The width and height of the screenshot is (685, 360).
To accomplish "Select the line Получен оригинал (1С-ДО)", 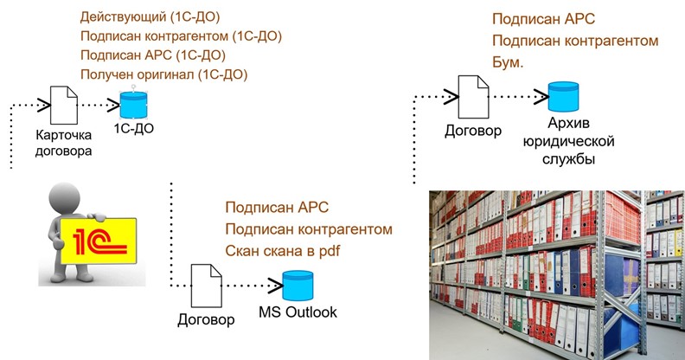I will click(x=163, y=74).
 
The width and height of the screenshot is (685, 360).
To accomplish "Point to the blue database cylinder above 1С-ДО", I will click(x=132, y=104).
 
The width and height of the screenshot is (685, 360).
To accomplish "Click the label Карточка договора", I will click(x=62, y=144).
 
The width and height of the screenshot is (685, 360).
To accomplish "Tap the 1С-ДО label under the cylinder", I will click(x=133, y=128).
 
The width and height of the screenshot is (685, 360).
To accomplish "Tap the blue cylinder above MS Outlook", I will click(x=298, y=285).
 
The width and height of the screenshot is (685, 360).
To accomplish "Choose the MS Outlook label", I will click(x=298, y=312).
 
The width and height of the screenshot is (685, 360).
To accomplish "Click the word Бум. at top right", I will click(x=509, y=64).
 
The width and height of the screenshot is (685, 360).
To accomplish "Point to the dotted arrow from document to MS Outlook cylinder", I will click(x=251, y=285).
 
